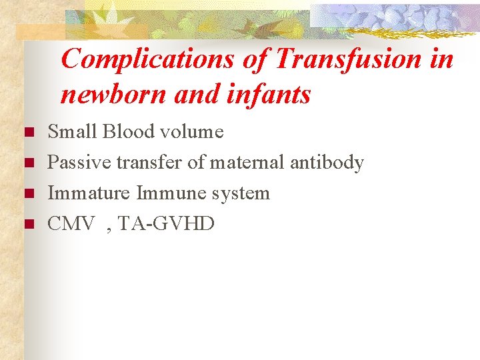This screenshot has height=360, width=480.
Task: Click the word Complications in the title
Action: (147, 60)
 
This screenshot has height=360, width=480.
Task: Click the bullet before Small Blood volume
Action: (28, 133)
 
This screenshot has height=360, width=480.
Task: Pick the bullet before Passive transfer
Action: (28, 163)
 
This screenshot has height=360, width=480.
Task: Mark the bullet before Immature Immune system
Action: (28, 194)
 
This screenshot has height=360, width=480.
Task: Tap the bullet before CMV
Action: (28, 225)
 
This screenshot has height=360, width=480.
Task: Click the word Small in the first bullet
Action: (72, 132)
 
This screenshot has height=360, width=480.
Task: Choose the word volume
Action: (193, 132)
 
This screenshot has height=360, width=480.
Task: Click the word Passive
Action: (79, 163)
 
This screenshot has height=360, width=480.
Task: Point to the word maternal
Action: (257, 163)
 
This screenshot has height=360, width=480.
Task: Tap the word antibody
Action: (331, 163)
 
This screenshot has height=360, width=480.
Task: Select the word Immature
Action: (89, 193)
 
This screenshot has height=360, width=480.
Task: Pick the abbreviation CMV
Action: (71, 224)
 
